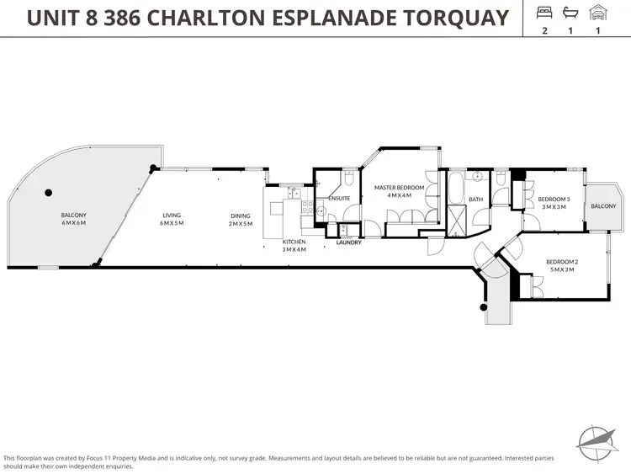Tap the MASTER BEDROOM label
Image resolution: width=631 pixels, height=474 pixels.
pos(399,188)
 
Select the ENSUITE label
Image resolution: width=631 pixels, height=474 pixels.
pos(339,199)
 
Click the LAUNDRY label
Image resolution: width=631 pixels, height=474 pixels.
pos(348,243)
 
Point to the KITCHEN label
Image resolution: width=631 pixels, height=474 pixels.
pos(294,242)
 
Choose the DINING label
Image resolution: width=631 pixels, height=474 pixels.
pos(241,216)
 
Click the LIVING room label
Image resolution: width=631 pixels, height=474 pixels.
pos(172,216)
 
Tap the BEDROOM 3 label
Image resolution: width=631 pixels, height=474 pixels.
pos(554,200)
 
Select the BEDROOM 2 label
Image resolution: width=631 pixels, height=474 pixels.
pos(560,262)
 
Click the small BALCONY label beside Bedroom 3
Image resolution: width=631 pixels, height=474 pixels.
pos(603,206)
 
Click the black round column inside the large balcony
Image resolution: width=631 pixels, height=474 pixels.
pos(49,191)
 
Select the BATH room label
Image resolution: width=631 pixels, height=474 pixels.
pos(476,200)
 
